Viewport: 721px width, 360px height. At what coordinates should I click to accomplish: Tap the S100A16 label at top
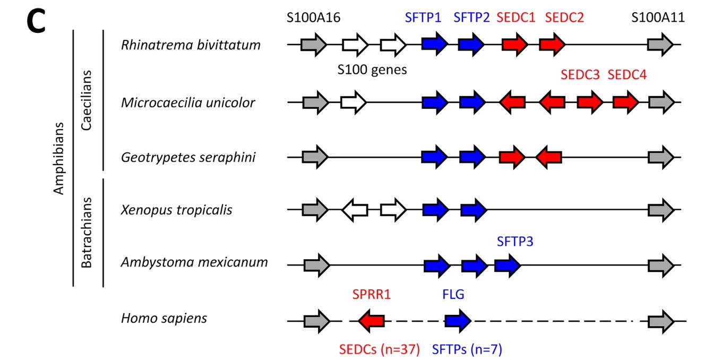tap(313, 18)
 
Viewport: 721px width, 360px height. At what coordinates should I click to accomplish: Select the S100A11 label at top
tap(658, 18)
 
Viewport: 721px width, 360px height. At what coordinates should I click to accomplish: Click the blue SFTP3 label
tap(515, 242)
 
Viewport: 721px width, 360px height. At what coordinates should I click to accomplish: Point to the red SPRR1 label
tap(372, 294)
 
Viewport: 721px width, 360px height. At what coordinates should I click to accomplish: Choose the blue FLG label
tap(453, 294)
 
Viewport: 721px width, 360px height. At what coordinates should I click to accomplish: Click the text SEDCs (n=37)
tap(380, 349)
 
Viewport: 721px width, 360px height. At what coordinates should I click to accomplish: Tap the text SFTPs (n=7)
tap(467, 349)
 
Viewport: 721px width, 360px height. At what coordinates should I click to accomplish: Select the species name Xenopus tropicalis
tap(176, 210)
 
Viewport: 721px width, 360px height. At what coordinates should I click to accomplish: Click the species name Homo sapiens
tap(164, 319)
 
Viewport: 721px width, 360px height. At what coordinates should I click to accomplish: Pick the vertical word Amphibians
tap(59, 158)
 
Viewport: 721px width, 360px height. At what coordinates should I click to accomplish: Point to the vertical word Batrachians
tap(88, 233)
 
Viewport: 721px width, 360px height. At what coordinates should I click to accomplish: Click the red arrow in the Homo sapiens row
tap(372, 320)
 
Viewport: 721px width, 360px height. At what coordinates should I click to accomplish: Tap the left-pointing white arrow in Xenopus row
tap(354, 210)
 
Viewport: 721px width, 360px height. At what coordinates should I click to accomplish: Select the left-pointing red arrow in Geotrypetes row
tap(548, 157)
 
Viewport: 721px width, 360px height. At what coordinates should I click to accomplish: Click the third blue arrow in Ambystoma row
tap(508, 264)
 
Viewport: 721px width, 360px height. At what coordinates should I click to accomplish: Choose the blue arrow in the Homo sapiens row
tap(458, 320)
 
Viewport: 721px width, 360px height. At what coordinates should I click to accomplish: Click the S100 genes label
tap(372, 69)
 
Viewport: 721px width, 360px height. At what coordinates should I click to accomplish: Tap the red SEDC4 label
tap(627, 75)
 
